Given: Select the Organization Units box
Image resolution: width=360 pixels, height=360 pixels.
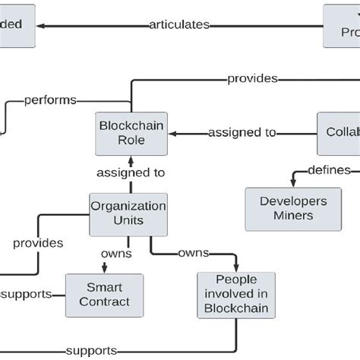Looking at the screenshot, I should click(128, 213).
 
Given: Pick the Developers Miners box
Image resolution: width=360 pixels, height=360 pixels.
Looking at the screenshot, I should click(283, 209).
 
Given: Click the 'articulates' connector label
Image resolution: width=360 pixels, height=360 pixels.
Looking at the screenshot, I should click(178, 25).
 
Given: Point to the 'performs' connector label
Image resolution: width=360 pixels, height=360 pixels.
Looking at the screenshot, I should click(50, 99).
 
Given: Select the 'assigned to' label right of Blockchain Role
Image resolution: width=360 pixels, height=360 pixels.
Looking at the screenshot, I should click(242, 133).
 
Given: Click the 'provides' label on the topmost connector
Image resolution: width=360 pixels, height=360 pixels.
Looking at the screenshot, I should click(252, 78).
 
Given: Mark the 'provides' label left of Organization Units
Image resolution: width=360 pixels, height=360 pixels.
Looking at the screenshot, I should click(37, 243).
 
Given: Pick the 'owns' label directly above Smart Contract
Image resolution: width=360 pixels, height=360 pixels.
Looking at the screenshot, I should click(115, 253).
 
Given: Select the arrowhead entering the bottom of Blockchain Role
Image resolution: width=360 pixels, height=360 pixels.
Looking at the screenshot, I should click(130, 157).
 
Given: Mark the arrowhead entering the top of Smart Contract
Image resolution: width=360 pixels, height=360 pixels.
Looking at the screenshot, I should click(103, 269).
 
